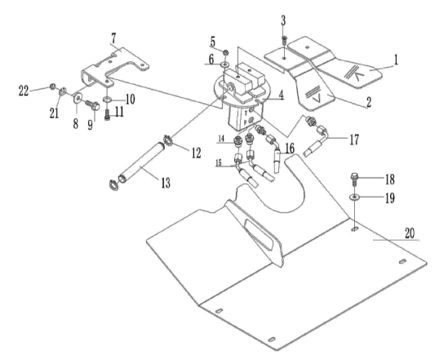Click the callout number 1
[396, 60]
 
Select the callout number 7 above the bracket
[113, 39]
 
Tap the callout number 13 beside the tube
[166, 183]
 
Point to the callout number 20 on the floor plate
[410, 233]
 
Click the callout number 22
[24, 91]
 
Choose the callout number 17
[354, 140]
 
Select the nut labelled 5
[226, 52]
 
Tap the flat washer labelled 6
[224, 65]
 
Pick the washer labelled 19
[354, 197]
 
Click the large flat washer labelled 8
[78, 98]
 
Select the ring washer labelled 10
[108, 99]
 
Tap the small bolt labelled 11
[108, 114]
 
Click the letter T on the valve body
[246, 113]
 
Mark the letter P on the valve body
[245, 122]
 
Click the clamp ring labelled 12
[167, 140]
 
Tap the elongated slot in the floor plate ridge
[258, 232]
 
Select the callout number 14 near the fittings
[221, 139]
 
